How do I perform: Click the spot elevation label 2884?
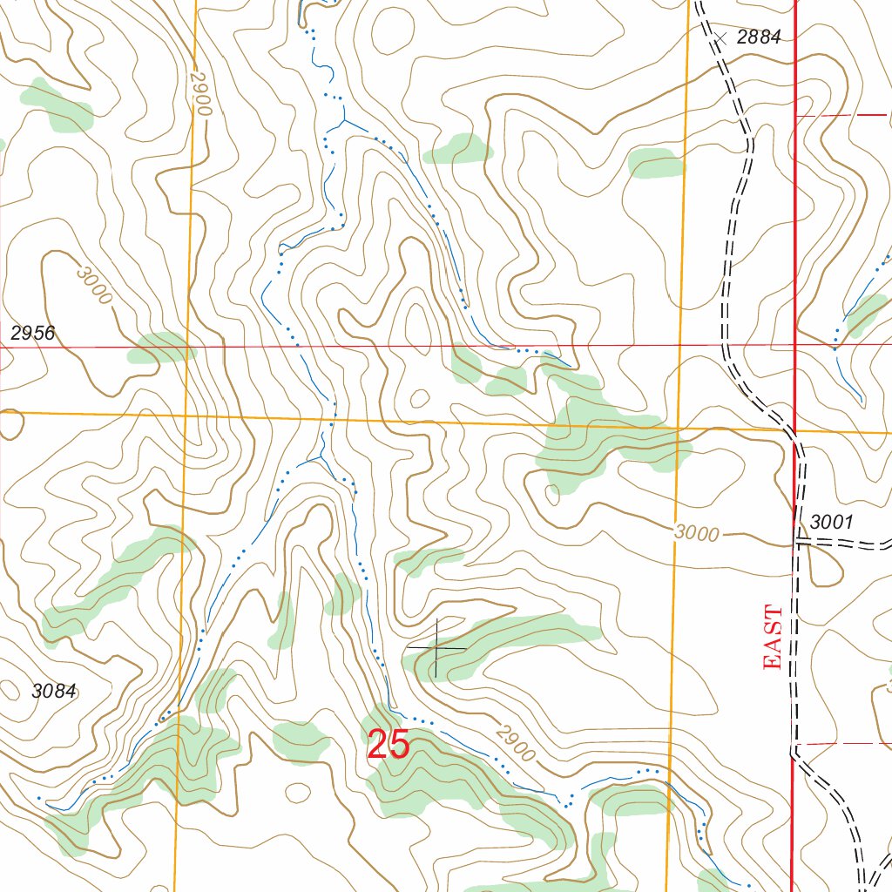[x=759, y=37]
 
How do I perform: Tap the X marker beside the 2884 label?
[x=720, y=37]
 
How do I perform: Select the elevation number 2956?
[x=33, y=333]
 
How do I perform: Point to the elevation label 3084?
[x=55, y=692]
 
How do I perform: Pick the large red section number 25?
[x=389, y=745]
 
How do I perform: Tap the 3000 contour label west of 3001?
[x=696, y=533]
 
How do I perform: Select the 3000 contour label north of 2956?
[x=94, y=285]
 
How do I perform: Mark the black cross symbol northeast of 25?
[x=436, y=647]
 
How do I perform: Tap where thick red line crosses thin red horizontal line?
[x=795, y=344]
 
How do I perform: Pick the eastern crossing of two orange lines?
[x=679, y=427]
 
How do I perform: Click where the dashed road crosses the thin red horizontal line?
[x=725, y=344]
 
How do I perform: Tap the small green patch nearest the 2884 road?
[x=656, y=163]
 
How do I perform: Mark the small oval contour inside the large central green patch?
[x=552, y=494]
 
